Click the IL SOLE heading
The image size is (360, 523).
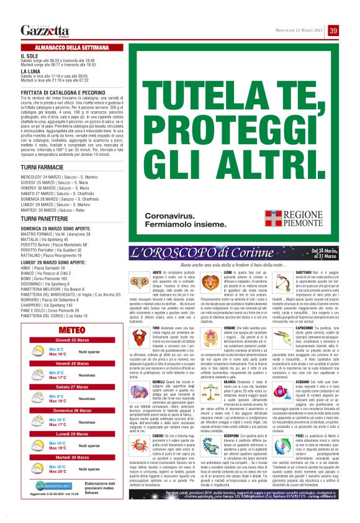tap(29, 55)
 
